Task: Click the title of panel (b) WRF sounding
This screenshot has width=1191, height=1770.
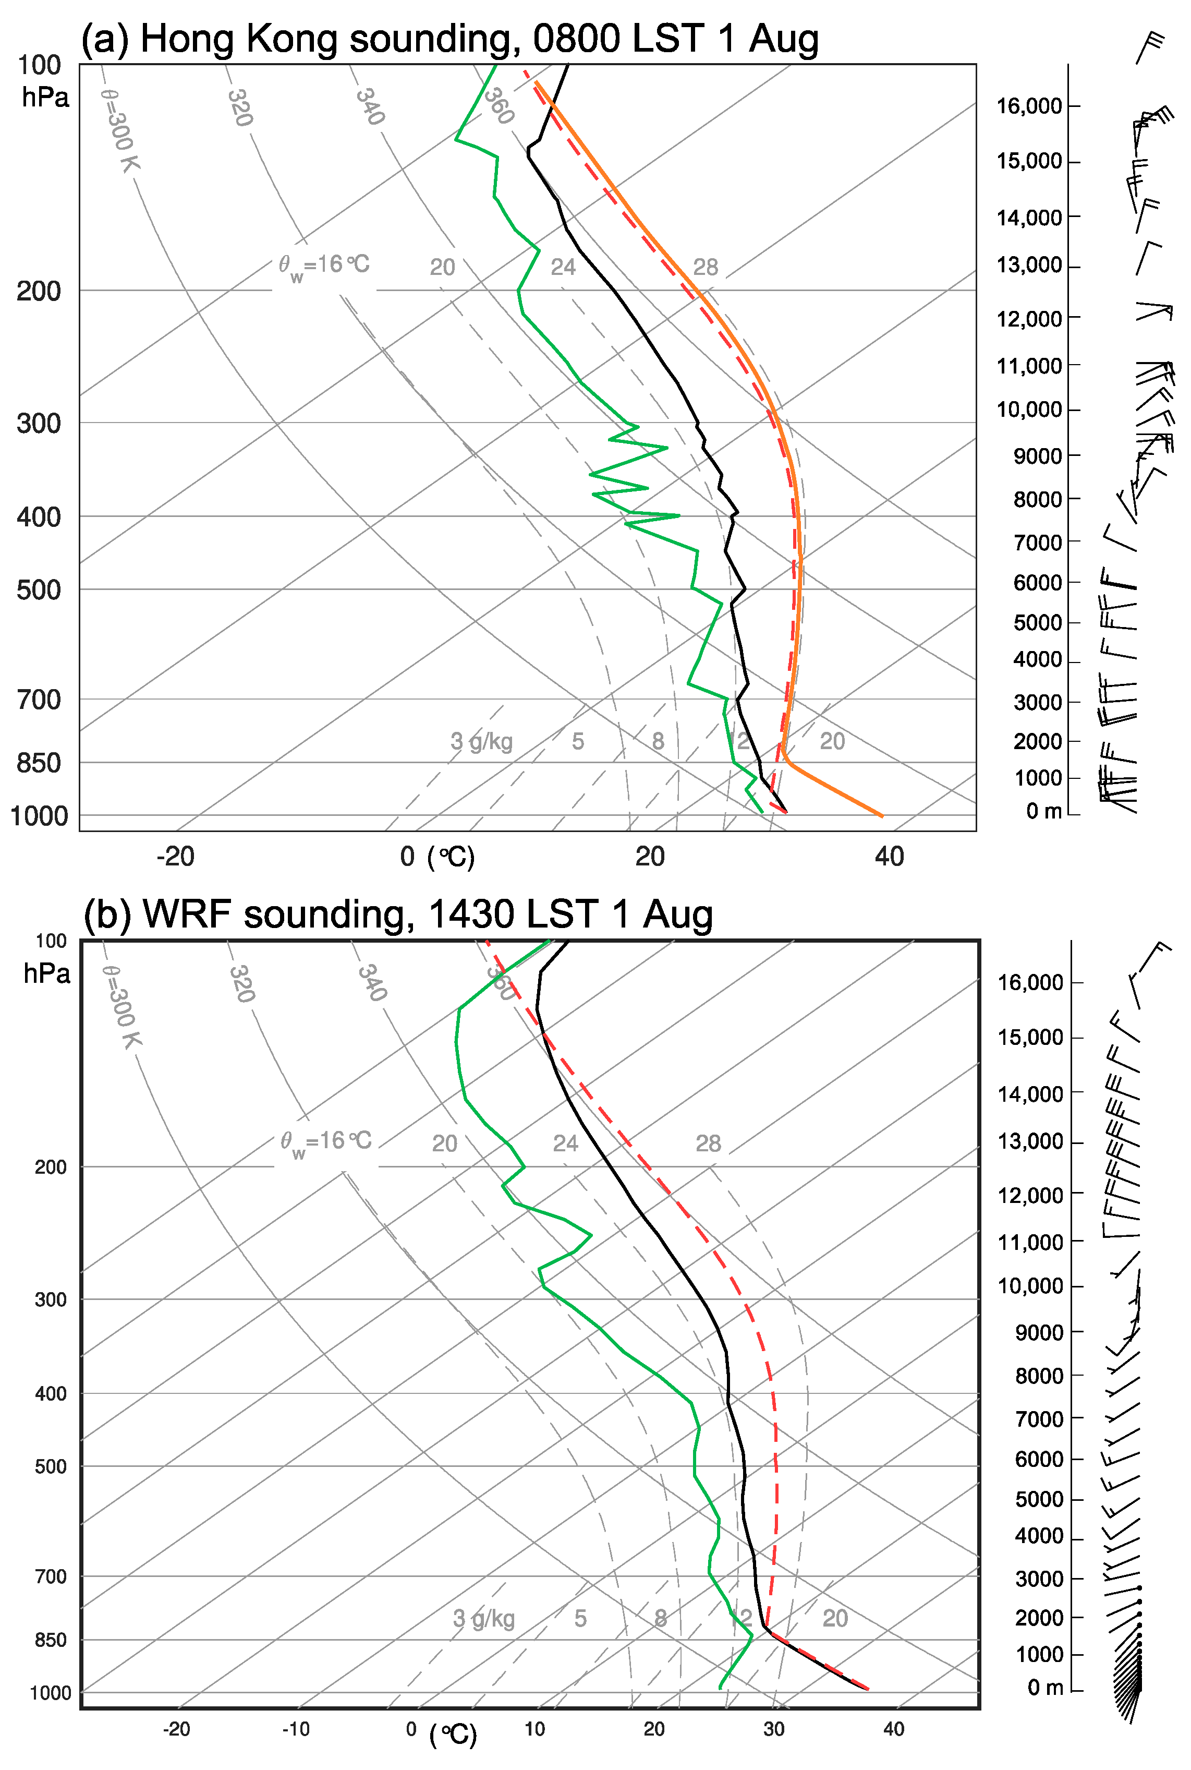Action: (398, 914)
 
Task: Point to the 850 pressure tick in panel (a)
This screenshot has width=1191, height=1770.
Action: (39, 763)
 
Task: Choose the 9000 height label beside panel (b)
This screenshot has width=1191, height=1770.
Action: (1038, 1332)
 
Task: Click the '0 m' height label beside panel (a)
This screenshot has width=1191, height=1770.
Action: (1043, 811)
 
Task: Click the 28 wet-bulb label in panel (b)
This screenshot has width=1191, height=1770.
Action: (708, 1143)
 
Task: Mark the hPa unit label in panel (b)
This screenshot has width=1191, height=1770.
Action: (46, 973)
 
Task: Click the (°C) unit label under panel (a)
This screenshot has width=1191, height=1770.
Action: (451, 857)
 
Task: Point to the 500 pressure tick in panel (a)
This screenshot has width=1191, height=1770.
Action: (39, 589)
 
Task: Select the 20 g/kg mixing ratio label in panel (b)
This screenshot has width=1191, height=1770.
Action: (835, 1618)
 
